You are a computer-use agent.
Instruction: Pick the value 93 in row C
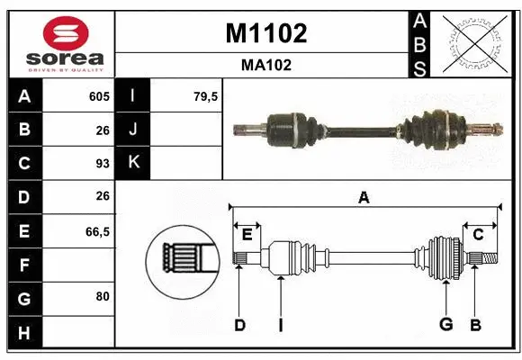tap(102, 164)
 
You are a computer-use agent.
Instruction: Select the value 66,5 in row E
tap(96, 231)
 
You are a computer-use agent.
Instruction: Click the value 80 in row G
tap(102, 295)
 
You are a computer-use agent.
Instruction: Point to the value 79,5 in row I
tap(206, 96)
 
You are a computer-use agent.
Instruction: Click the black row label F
tap(23, 265)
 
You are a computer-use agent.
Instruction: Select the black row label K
tap(133, 163)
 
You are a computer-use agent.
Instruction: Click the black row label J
tap(133, 130)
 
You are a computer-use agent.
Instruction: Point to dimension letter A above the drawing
tap(364, 197)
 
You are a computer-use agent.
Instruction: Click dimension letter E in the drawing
tap(247, 235)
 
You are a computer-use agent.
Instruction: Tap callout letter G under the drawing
tap(445, 325)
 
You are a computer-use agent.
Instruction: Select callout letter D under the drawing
tap(239, 325)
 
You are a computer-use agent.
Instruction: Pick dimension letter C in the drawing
tap(479, 235)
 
